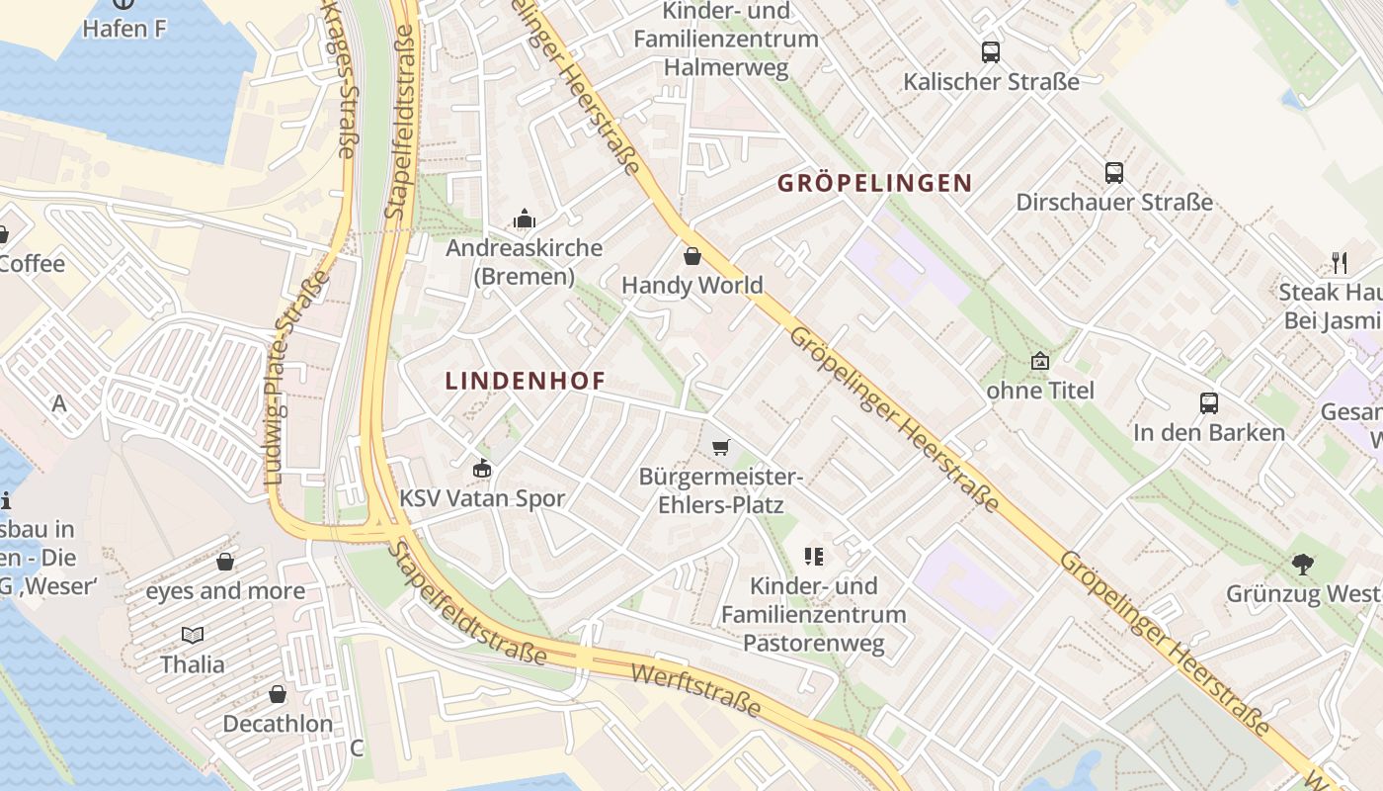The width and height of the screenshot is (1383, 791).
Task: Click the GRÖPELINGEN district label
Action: click(874, 183)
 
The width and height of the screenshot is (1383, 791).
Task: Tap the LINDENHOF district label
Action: click(525, 381)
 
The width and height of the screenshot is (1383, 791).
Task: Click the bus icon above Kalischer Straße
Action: click(991, 52)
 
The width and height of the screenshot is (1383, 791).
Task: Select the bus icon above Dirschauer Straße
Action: click(1114, 173)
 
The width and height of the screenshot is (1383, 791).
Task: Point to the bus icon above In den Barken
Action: click(1209, 403)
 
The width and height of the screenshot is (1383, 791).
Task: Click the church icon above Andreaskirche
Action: click(525, 219)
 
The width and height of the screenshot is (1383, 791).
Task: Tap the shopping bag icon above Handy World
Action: click(692, 256)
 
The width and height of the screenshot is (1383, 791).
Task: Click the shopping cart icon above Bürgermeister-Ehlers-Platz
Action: click(721, 448)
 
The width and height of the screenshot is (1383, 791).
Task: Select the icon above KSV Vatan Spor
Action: click(482, 468)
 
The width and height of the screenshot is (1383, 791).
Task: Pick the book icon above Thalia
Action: click(193, 635)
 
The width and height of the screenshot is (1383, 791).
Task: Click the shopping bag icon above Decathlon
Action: click(278, 694)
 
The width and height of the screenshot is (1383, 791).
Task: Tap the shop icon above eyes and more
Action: click(225, 562)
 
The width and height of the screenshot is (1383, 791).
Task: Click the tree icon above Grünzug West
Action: click(1303, 565)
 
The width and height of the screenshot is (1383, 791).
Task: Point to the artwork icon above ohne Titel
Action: click(1039, 361)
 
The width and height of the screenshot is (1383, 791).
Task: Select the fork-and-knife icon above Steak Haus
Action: click(1340, 263)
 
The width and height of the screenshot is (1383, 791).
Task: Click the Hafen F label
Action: click(123, 29)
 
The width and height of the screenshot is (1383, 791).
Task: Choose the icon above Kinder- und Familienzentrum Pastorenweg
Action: click(814, 557)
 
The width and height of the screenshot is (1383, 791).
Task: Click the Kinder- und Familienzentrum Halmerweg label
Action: click(726, 40)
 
